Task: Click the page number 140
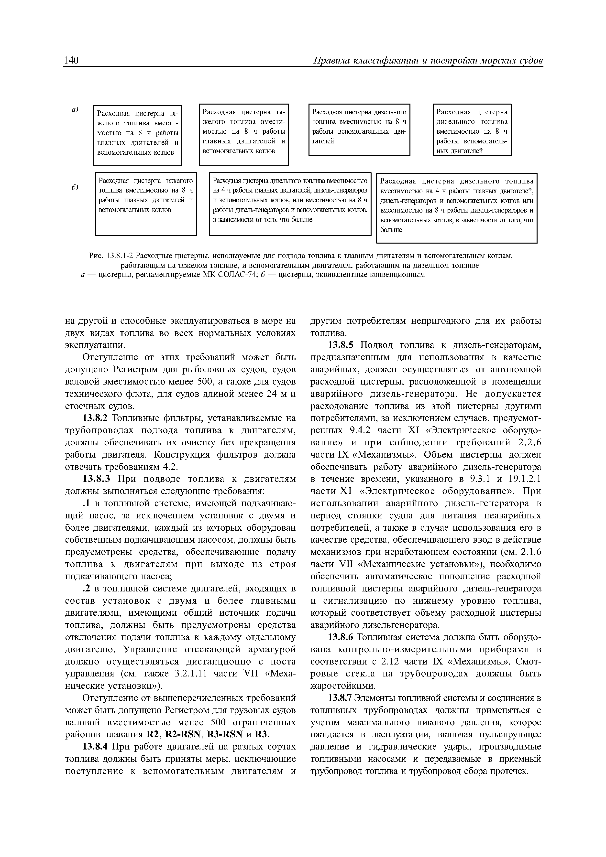(x=71, y=61)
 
